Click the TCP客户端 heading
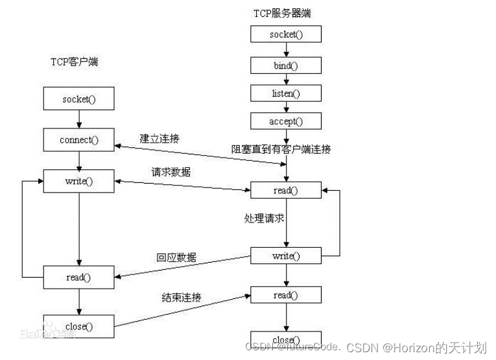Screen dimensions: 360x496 coord(78,62)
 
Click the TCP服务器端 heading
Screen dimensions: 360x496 coord(285,13)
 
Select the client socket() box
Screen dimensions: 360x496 coord(78,99)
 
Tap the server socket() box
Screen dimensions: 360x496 coord(286,35)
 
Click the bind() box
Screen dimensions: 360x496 coord(286,65)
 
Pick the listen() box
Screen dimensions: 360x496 coord(286,93)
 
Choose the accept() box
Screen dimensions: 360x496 coord(286,121)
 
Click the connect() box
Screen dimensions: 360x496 coord(78,139)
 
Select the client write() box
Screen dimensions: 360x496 coord(78,181)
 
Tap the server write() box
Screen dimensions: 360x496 coord(286,256)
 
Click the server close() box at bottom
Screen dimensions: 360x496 coord(286,339)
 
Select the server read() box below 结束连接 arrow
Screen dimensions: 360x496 coord(286,295)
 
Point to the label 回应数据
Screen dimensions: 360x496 coord(176,258)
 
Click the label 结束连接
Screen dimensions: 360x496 coord(181,297)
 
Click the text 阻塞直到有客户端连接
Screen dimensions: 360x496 coord(281,149)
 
